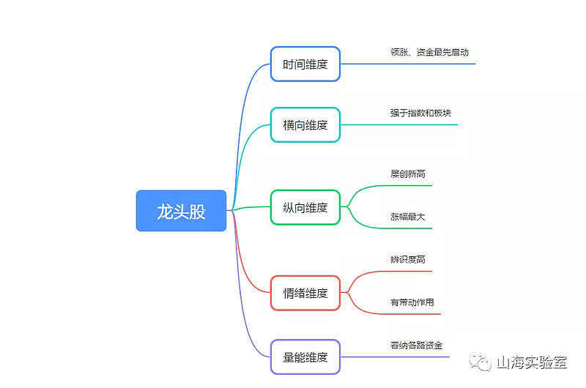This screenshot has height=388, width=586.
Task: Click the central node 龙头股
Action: (181, 211)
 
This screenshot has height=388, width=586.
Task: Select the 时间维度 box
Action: (305, 64)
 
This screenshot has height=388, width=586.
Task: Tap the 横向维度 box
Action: (305, 124)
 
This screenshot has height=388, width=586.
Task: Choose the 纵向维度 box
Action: (305, 207)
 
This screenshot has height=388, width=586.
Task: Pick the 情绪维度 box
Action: (305, 293)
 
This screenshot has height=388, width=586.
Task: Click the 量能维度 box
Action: (305, 357)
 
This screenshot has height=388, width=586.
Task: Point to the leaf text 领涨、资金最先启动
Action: (429, 52)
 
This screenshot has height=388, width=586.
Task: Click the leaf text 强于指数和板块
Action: (420, 113)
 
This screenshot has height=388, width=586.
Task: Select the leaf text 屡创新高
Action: (408, 174)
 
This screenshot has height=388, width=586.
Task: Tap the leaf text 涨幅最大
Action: (408, 217)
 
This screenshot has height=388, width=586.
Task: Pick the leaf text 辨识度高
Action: (408, 260)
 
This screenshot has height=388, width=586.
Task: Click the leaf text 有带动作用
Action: (412, 302)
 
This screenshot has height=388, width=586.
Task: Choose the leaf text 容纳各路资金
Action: (416, 346)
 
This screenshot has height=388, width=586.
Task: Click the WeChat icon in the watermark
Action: (481, 362)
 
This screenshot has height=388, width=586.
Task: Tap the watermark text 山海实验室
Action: (533, 362)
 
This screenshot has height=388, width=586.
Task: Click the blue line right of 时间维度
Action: (408, 64)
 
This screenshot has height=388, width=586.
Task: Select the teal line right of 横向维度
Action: (399, 124)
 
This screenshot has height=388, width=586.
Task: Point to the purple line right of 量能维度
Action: (395, 357)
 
